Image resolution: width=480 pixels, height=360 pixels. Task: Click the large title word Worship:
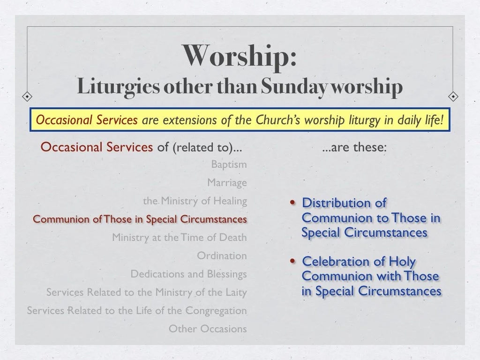tap(240, 56)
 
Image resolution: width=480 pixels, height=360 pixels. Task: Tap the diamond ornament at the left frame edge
tap(28, 97)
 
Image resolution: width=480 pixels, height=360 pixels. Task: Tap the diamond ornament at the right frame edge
tap(453, 97)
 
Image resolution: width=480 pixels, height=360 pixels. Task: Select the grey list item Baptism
tap(229, 165)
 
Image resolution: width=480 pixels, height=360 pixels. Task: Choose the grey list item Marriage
tap(227, 182)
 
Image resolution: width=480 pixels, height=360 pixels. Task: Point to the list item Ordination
tap(222, 256)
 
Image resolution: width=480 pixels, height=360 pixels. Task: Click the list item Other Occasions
tap(208, 329)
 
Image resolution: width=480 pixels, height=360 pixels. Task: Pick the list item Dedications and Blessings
tap(188, 274)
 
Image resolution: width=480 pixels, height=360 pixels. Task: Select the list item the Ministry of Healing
tap(195, 201)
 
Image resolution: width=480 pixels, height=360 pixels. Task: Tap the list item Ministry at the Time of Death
tap(179, 238)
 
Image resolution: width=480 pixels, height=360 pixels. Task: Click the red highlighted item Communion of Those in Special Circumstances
tap(140, 219)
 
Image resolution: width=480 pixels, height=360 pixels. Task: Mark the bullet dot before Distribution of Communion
tap(293, 203)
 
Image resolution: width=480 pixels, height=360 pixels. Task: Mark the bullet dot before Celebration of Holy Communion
tap(293, 262)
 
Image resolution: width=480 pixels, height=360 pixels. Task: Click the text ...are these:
tap(354, 148)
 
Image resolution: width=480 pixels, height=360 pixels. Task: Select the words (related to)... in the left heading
tap(207, 148)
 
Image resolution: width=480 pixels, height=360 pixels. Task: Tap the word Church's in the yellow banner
tap(278, 120)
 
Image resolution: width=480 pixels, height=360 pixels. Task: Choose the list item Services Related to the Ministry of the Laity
tap(146, 292)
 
